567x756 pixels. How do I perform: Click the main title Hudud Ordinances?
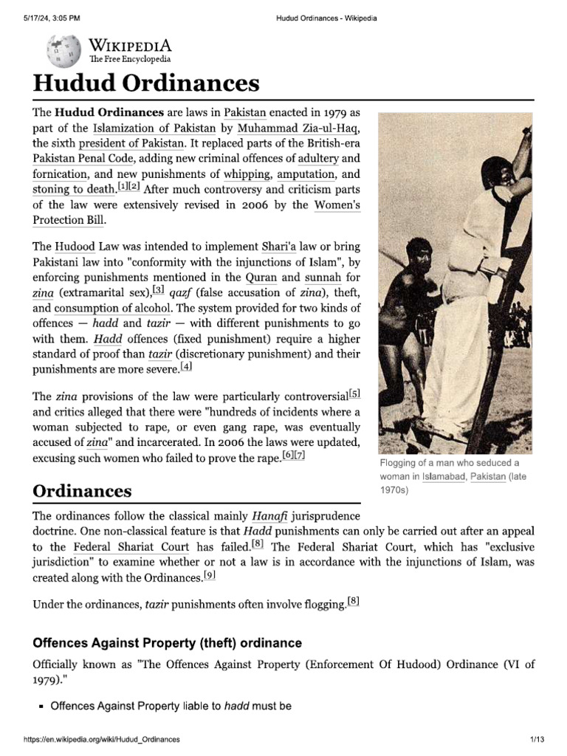[x=145, y=83]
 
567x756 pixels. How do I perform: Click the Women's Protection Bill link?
[x=338, y=205]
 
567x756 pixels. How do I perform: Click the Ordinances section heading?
[x=82, y=491]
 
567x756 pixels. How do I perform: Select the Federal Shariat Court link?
[x=131, y=547]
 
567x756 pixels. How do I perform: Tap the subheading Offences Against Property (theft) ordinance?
[x=168, y=643]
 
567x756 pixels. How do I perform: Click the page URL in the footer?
[x=102, y=739]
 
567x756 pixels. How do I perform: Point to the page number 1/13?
[x=535, y=739]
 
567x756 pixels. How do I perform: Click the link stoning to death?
[x=75, y=190]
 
